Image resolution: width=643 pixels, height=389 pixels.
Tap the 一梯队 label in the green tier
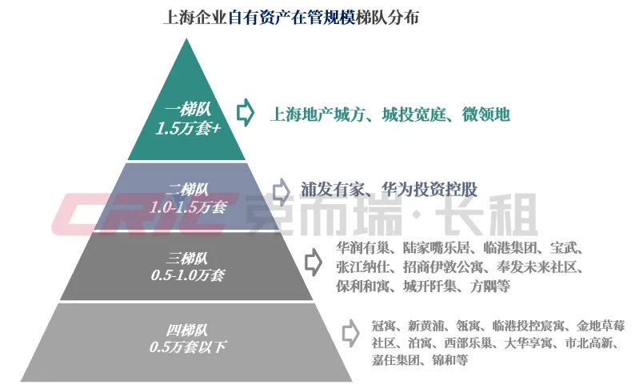pos(187,110)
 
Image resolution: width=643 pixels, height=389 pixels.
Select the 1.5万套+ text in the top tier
pos(187,128)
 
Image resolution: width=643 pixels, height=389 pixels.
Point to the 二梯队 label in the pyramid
pos(187,189)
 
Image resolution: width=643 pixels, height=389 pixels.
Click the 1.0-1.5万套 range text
pos(187,207)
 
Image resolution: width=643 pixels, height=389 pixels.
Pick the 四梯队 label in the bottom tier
pos(187,329)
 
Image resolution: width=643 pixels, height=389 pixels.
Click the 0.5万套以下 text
pos(187,347)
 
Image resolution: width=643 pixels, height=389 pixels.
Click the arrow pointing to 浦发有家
pos(280,190)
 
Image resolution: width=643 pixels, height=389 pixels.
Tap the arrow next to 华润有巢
pos(313,260)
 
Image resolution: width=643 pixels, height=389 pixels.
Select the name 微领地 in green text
pos(486,114)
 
